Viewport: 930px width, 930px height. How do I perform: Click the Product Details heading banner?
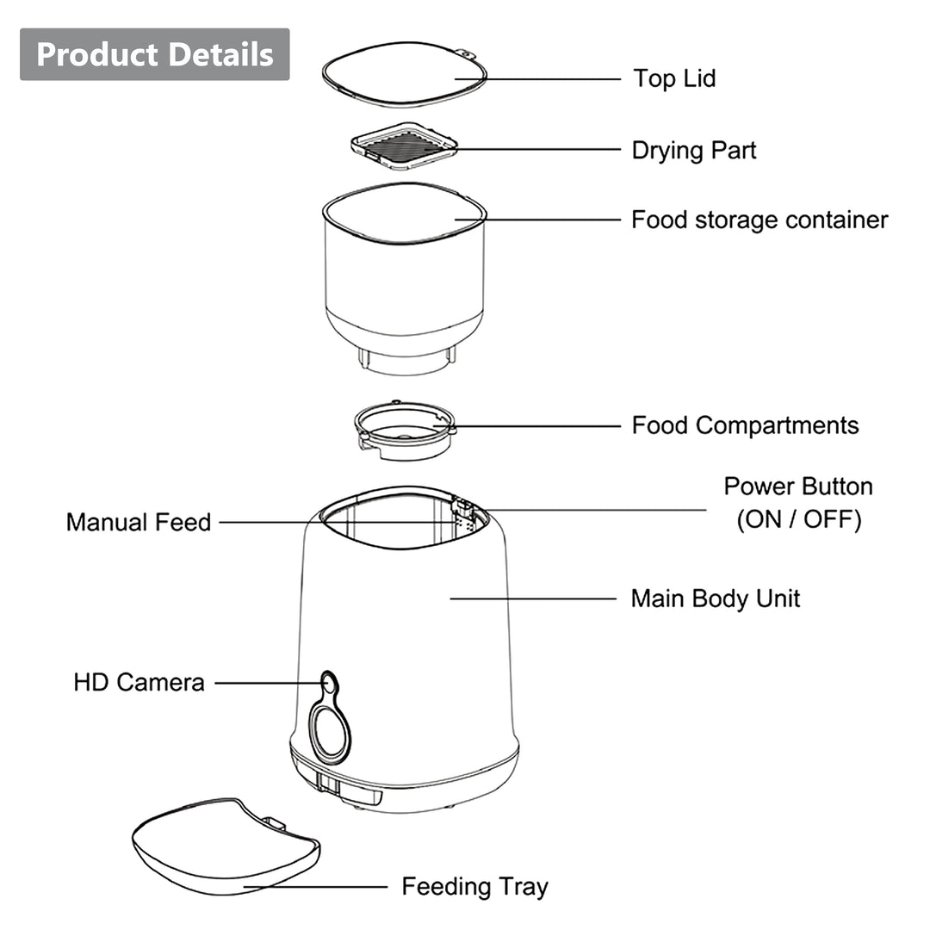tap(155, 54)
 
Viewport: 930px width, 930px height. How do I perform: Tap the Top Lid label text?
tap(674, 78)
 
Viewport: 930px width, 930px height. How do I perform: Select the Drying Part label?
tap(693, 150)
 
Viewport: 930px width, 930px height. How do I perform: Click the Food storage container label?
tap(759, 220)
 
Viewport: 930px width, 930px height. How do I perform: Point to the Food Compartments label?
tap(745, 425)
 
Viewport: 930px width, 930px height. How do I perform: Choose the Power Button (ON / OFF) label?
tap(798, 503)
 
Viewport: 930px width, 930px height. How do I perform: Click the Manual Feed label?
tap(139, 522)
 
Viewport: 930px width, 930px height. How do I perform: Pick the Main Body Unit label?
tap(715, 598)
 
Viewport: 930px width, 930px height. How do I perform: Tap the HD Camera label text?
tap(139, 683)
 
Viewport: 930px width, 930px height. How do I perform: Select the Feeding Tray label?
tap(474, 886)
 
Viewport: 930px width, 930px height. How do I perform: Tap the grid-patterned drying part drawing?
tap(405, 146)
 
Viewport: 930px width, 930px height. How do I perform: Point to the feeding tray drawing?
tap(224, 848)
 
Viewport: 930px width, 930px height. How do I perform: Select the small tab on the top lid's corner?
tap(467, 53)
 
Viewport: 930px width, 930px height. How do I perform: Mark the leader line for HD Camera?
tap(267, 684)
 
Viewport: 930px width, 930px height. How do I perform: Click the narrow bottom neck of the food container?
tap(406, 362)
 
